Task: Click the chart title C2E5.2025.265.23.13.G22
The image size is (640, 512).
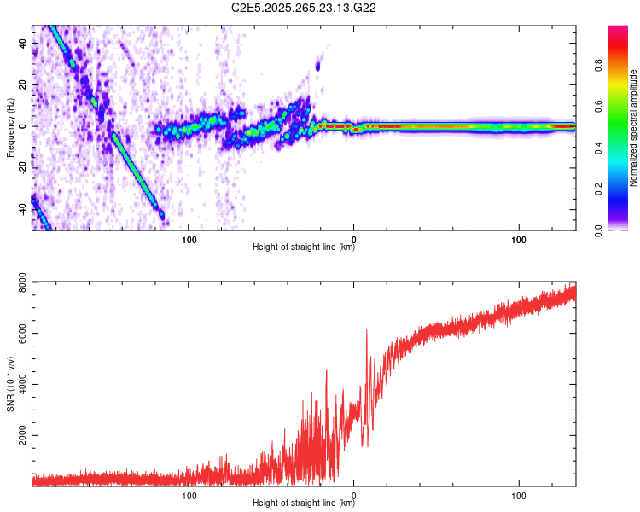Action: tap(304, 8)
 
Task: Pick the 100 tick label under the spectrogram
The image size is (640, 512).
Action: tap(518, 238)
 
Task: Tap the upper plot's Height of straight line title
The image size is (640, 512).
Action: tap(304, 247)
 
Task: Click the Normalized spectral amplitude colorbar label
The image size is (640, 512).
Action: tap(634, 128)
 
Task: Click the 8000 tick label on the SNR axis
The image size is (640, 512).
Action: tap(17, 286)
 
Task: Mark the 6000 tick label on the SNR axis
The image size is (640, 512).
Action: tap(17, 335)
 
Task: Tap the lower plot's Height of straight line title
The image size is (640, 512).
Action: tap(304, 503)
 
